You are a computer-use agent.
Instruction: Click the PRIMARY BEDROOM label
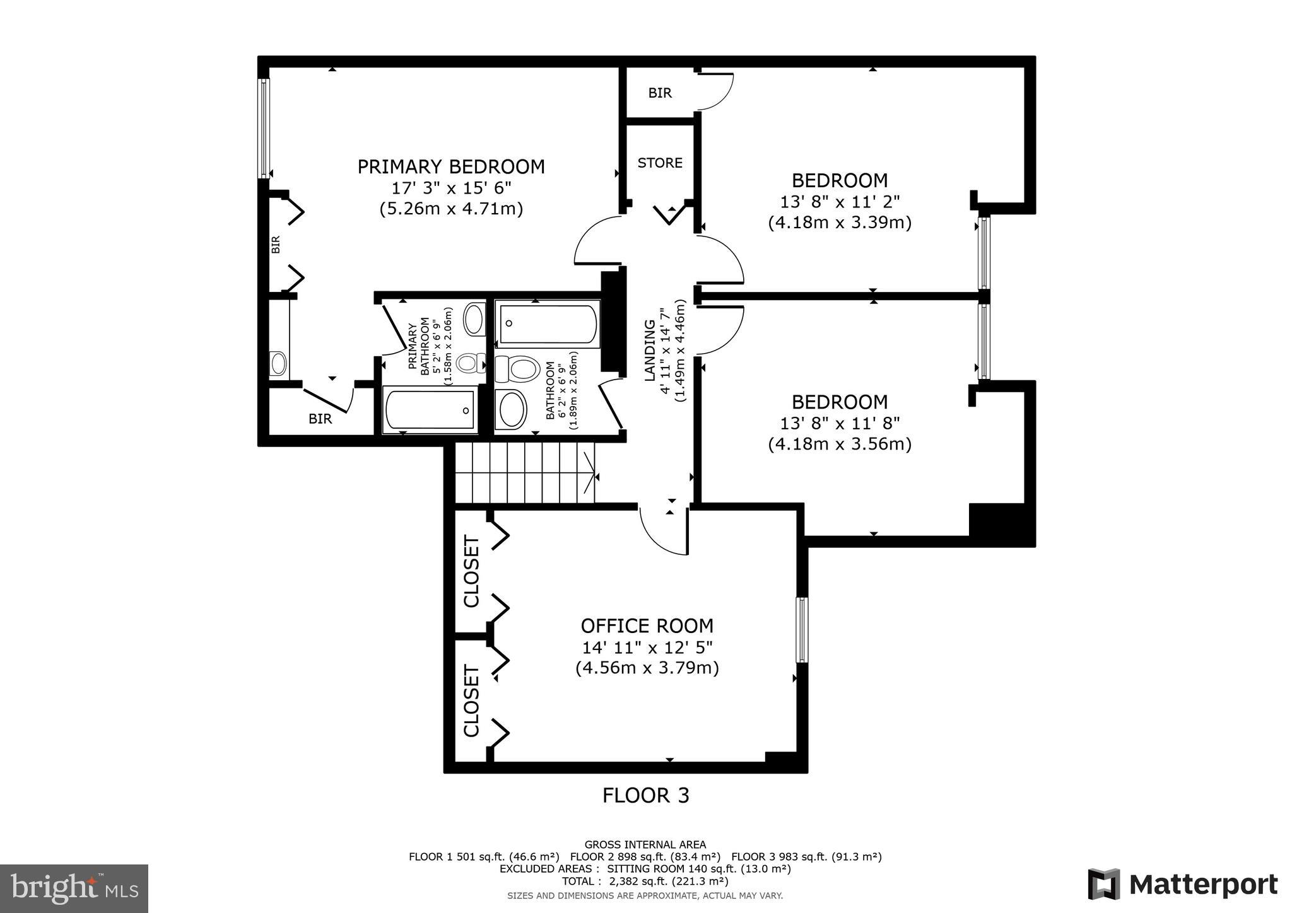click(450, 167)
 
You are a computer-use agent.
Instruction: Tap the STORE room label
click(660, 163)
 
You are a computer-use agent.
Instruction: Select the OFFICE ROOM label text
click(647, 626)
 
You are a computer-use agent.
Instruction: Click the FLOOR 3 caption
click(645, 796)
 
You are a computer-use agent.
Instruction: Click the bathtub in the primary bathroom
click(430, 410)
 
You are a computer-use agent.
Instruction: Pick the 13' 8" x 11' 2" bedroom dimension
click(840, 202)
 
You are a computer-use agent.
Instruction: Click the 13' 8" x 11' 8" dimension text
click(840, 423)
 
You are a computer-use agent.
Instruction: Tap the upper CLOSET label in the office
click(472, 571)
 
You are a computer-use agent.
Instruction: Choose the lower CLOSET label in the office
click(472, 700)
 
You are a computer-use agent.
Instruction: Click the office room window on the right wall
click(801, 630)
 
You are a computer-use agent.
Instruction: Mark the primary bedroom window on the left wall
click(264, 128)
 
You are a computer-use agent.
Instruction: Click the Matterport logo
click(1182, 884)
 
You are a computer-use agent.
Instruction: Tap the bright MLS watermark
click(74, 888)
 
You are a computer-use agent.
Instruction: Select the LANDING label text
click(649, 351)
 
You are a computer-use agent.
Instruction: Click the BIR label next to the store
click(660, 93)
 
